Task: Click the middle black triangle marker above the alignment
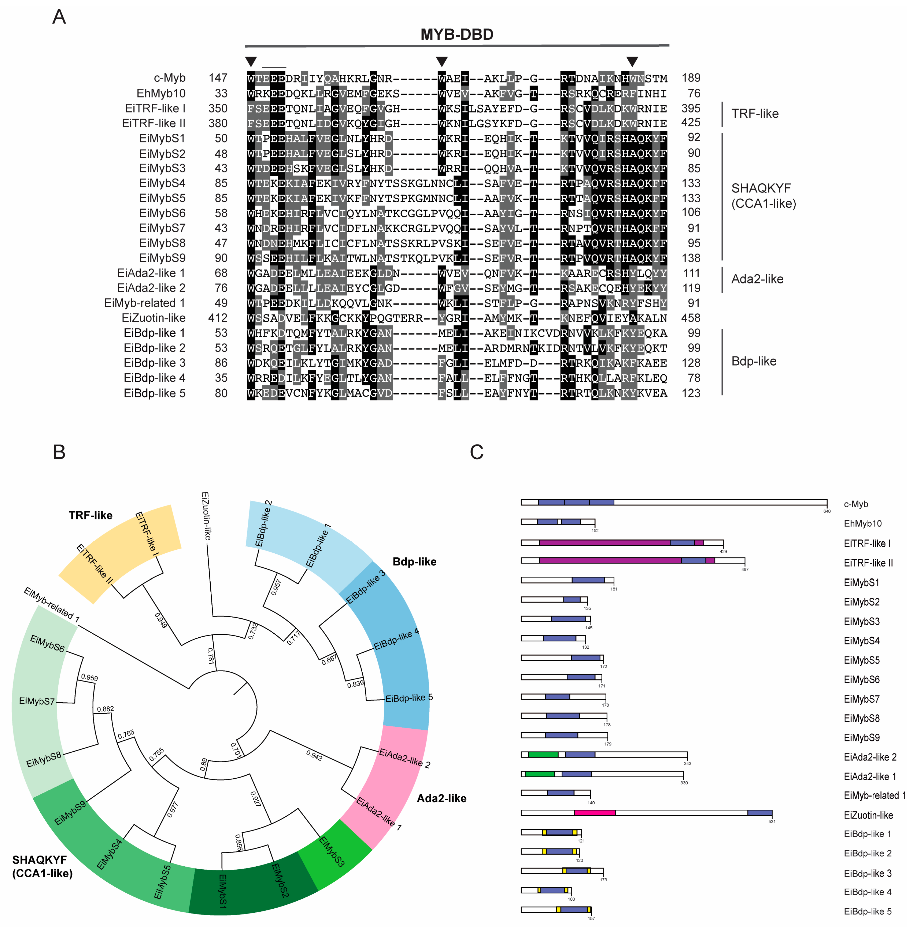click(x=442, y=61)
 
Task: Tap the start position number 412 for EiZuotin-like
click(x=218, y=318)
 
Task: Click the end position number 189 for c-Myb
click(x=691, y=78)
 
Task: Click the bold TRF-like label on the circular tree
click(x=91, y=515)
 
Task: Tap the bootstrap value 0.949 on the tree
click(x=161, y=620)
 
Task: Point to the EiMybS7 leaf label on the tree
click(x=37, y=701)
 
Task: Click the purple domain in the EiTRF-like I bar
click(x=604, y=542)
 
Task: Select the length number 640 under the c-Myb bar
click(x=827, y=511)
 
